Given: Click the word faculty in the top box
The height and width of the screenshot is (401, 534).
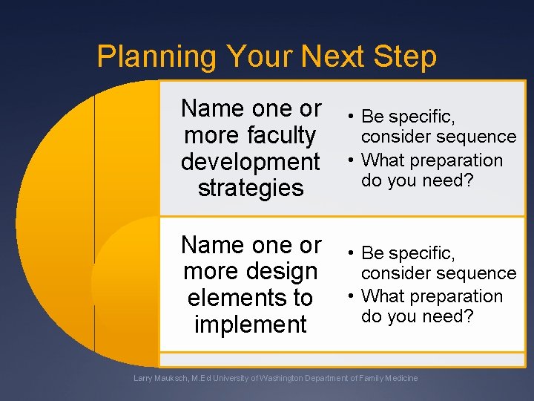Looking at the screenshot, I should pos(282,135).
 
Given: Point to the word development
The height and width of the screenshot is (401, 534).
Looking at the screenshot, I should pos(250,161).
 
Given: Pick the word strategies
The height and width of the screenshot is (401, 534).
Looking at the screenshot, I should pos(251,188).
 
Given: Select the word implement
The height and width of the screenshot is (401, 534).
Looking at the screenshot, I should pos(250,325).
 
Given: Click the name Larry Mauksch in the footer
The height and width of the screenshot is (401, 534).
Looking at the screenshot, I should pos(163,379).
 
